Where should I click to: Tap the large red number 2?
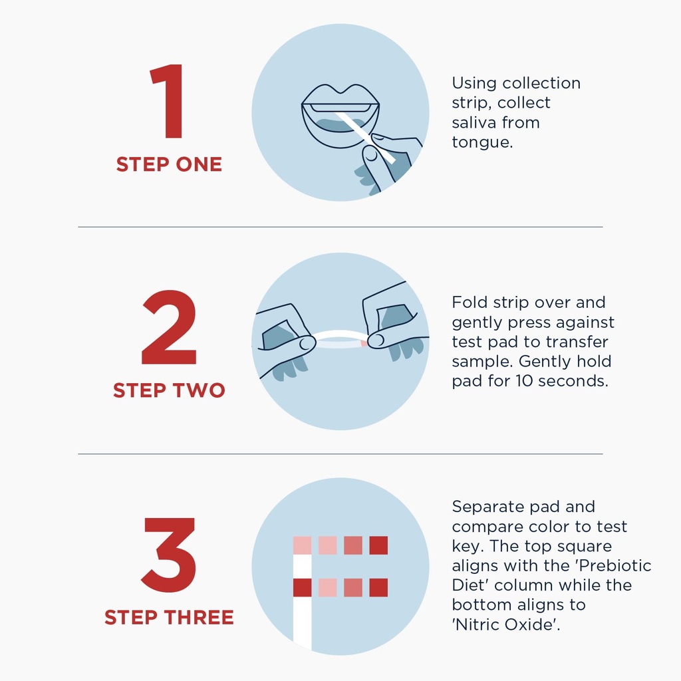169,327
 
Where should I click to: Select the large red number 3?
168,555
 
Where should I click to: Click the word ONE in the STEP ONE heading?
199,165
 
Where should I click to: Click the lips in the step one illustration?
340,116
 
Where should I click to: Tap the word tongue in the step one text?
482,142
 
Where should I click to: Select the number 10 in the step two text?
524,381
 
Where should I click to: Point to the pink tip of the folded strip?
364,344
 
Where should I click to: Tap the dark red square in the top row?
378,545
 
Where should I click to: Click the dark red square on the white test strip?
303,588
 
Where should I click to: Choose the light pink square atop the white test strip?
303,545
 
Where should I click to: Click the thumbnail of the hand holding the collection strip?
371,154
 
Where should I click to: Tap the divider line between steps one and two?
340,227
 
